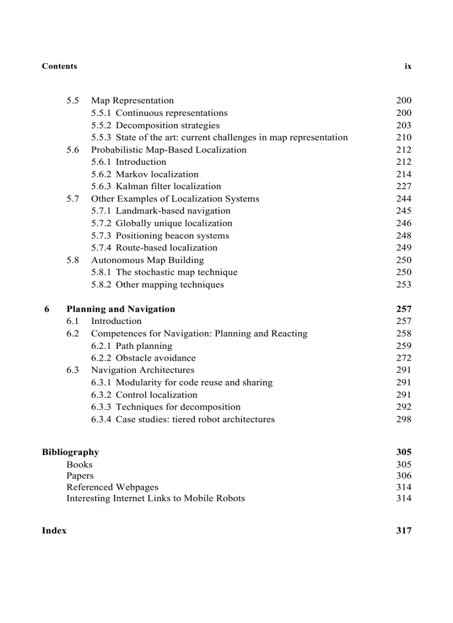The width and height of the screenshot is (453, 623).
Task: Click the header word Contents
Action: pyautogui.click(x=59, y=66)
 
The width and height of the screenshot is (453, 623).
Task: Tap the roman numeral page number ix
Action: pyautogui.click(x=408, y=66)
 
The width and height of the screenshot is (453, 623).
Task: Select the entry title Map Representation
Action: pyautogui.click(x=132, y=100)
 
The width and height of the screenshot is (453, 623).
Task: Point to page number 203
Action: pyautogui.click(x=404, y=125)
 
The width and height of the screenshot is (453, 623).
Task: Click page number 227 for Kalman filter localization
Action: pyautogui.click(x=404, y=186)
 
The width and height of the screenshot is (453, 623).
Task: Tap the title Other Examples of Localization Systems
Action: pyautogui.click(x=175, y=199)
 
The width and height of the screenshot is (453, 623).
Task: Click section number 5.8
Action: pyautogui.click(x=73, y=260)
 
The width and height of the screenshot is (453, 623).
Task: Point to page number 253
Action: pyautogui.click(x=404, y=285)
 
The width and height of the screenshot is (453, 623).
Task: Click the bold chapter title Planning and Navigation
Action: pyautogui.click(x=120, y=309)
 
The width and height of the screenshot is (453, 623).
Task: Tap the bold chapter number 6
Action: pyautogui.click(x=47, y=309)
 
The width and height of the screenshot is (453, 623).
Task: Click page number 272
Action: pyautogui.click(x=404, y=358)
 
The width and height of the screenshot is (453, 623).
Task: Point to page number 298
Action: pyautogui.click(x=404, y=419)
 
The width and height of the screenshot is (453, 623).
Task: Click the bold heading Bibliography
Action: pyautogui.click(x=71, y=452)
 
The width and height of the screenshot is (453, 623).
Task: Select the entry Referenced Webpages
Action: pyautogui.click(x=112, y=487)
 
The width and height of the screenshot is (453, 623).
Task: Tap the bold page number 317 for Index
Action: pyautogui.click(x=404, y=530)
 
